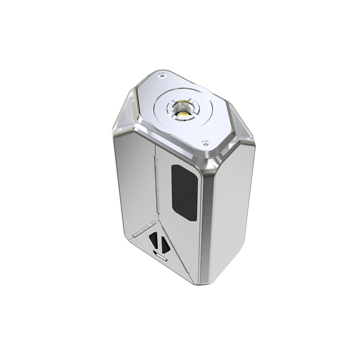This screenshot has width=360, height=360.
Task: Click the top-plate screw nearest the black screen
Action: (x=206, y=143)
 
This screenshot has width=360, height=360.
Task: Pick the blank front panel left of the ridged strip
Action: (x=135, y=180)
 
